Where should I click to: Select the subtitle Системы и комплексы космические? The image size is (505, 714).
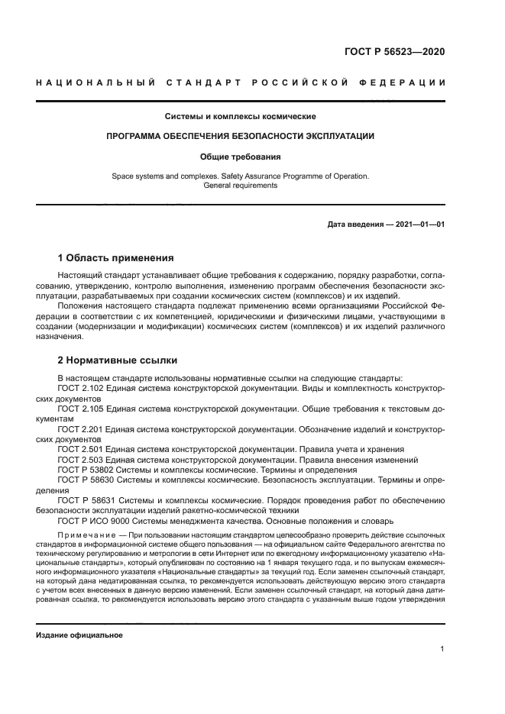(x=241, y=117)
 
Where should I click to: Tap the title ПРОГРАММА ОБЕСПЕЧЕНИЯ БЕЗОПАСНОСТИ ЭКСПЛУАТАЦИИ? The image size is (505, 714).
(x=241, y=136)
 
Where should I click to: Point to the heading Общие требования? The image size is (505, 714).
(x=241, y=157)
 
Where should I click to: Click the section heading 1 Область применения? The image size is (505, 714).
(x=115, y=257)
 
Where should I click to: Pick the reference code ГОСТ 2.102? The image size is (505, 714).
(x=80, y=388)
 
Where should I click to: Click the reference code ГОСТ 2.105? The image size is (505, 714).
(x=80, y=409)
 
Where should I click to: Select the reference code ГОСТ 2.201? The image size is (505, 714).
(x=80, y=429)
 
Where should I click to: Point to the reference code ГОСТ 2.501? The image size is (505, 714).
(x=80, y=450)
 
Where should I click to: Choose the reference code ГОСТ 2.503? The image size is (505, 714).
(x=80, y=460)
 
